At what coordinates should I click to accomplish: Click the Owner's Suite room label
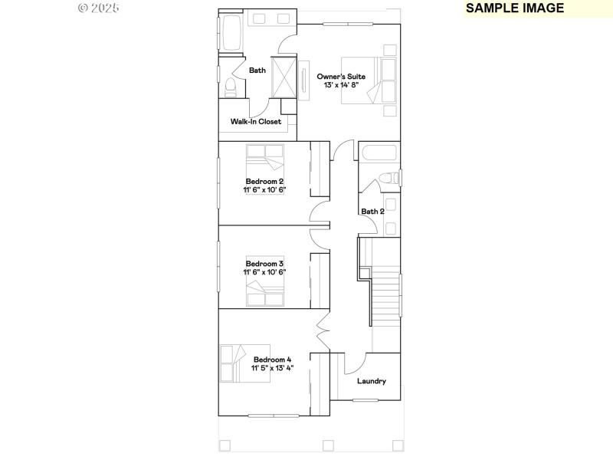pos(341,77)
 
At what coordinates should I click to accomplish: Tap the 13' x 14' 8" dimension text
pos(341,85)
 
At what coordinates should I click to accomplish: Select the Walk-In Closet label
pos(256,122)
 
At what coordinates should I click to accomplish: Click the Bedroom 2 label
pos(264,181)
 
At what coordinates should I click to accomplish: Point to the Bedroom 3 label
pos(264,264)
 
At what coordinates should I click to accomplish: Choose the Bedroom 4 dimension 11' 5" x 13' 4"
pos(272,368)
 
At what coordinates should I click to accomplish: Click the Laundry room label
pos(372,381)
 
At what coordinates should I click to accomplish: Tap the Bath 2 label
pos(372,212)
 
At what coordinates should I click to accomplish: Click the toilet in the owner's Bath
pos(231,87)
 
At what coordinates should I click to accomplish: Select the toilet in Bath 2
pos(390,179)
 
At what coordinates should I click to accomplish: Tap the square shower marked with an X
pos(284,77)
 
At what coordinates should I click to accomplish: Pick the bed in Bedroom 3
pos(265,289)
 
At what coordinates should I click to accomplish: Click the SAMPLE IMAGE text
pos(515,8)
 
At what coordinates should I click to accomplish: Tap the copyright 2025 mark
pos(100,8)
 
